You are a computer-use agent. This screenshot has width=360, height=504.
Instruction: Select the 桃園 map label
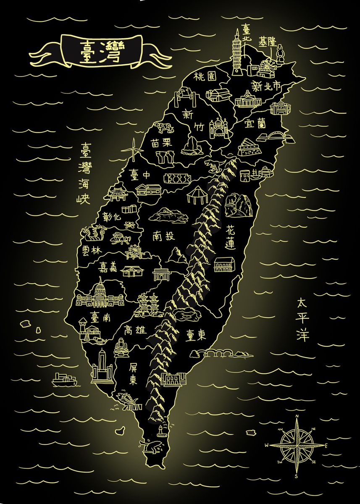tap(205, 77)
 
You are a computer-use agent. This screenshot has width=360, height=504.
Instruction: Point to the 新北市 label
tap(265, 87)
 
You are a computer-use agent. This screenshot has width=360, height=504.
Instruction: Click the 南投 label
tap(163, 236)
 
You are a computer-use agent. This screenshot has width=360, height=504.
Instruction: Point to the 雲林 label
tap(92, 250)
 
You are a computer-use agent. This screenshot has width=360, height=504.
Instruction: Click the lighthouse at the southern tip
tap(160, 430)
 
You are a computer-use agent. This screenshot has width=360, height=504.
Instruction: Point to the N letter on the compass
tap(297, 417)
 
